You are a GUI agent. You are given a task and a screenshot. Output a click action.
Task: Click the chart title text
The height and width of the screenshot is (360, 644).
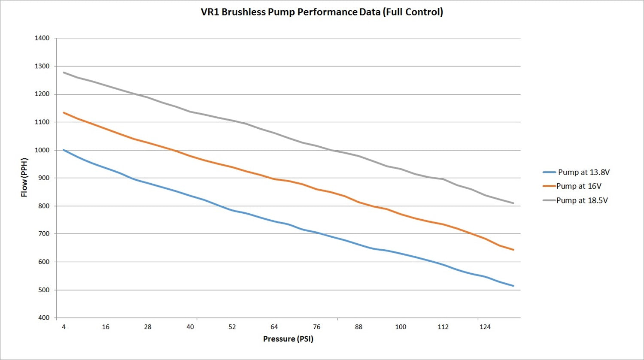322,12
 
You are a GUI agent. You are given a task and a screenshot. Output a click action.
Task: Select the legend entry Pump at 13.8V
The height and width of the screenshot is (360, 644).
583,172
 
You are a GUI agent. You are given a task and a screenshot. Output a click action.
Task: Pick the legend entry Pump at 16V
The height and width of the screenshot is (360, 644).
579,186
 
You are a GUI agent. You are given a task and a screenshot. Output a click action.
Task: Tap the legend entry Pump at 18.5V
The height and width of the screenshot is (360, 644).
582,200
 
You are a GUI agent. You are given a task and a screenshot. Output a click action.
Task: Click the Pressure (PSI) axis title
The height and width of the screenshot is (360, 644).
288,339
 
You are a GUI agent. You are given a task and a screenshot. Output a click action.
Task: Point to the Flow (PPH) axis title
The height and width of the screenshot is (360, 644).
24,177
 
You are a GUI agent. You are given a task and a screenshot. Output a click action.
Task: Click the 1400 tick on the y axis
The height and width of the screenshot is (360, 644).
42,38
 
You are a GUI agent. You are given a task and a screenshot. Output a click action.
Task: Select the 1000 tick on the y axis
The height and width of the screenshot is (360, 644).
42,150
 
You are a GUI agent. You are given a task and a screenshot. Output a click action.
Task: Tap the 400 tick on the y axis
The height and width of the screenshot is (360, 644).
44,318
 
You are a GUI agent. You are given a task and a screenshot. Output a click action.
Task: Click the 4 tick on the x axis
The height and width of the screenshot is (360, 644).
64,327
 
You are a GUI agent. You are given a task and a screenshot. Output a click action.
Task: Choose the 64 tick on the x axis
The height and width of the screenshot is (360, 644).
274,327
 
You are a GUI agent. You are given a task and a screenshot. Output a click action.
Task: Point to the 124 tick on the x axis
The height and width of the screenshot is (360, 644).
485,327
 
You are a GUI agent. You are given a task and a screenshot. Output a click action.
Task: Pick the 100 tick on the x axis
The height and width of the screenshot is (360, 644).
401,327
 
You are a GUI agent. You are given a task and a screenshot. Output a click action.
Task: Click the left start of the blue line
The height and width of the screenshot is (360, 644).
64,150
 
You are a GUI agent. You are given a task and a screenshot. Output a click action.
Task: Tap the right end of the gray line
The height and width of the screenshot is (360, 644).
513,203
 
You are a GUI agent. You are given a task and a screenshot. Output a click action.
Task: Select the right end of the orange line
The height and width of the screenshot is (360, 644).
513,250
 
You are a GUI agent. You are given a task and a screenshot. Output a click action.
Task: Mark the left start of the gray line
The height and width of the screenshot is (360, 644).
64,73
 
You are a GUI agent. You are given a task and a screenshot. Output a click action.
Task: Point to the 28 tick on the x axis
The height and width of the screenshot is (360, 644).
148,327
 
